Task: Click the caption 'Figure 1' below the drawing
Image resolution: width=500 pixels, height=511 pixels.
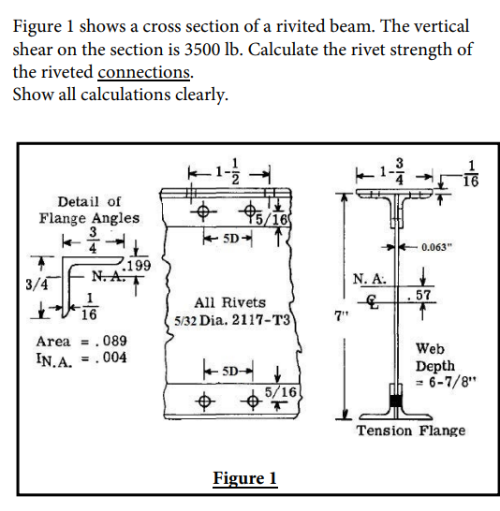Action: click(x=244, y=479)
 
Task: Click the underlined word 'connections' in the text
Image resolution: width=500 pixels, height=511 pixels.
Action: click(x=145, y=73)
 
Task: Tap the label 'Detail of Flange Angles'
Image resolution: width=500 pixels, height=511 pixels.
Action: click(x=89, y=210)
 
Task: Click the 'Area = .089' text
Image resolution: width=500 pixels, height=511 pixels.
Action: click(x=81, y=341)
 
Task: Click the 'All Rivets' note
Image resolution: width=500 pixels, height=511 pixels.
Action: click(x=229, y=302)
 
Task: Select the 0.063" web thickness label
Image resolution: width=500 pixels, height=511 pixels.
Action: click(x=444, y=248)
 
